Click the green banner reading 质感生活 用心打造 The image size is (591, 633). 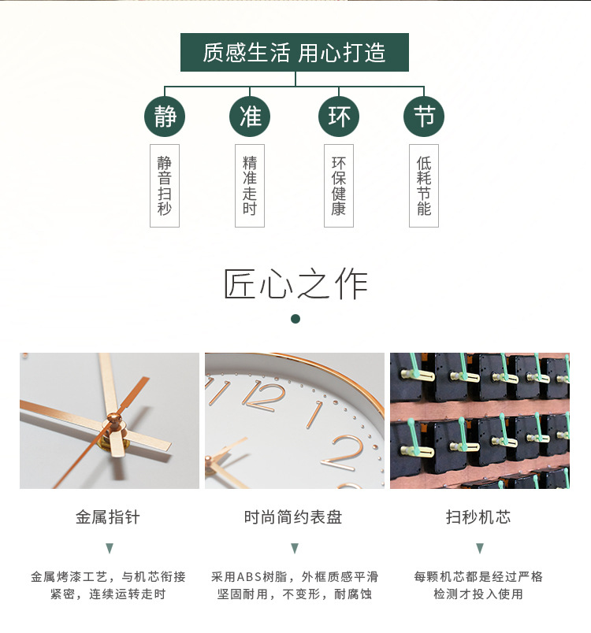tap(295, 53)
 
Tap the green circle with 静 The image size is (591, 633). tap(165, 117)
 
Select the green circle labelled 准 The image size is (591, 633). tap(250, 117)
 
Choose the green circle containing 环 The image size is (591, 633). tap(339, 117)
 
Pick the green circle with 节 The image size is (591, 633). tap(424, 117)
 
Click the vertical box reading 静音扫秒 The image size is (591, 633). tap(165, 186)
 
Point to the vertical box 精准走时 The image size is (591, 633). tap(250, 186)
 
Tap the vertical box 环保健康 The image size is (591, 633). tap(339, 186)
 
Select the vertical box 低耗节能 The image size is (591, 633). tap(424, 186)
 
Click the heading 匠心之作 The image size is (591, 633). tap(295, 284)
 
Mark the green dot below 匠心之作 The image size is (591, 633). tap(295, 319)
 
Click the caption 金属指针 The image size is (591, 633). tap(108, 517)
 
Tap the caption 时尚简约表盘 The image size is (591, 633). tap(293, 517)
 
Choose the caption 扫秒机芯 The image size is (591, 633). tap(478, 517)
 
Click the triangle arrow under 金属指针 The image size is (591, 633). tap(110, 548)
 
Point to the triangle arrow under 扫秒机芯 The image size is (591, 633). tap(479, 548)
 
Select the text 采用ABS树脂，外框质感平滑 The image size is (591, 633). tap(294, 576)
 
